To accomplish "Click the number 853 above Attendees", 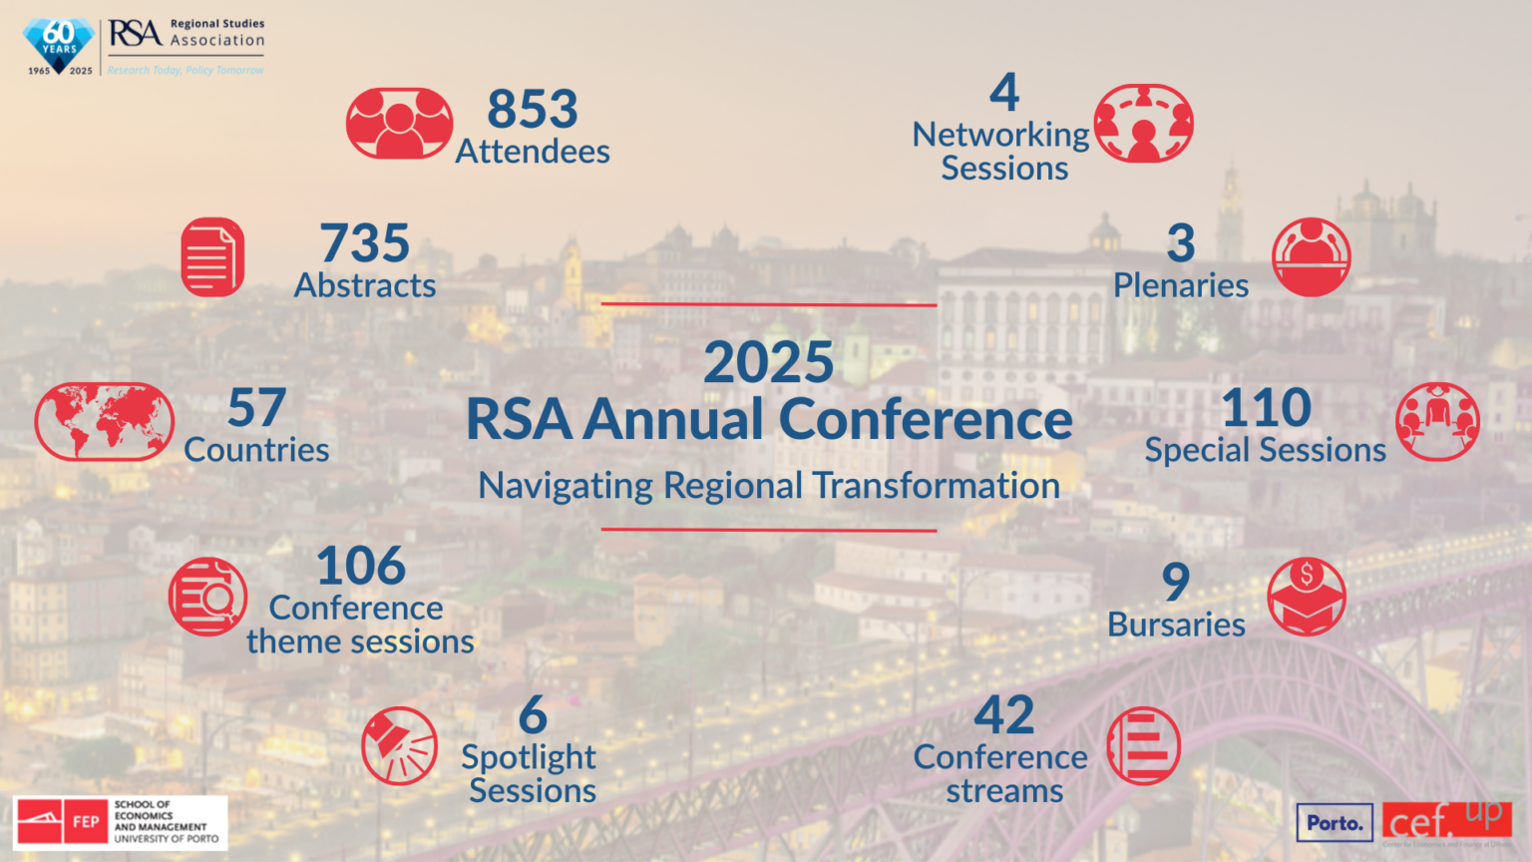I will coord(533,109).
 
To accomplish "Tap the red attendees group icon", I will coord(399,123).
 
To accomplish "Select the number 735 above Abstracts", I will coord(365,242).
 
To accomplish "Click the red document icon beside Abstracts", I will coord(212,257).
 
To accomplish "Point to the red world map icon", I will coord(104,421).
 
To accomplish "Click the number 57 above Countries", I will coord(257,407).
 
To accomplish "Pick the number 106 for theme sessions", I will coord(361,566).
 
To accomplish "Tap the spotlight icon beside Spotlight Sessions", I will coord(399,746).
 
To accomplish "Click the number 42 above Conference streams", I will coord(1004,714).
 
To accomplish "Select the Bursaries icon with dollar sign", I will coord(1307,598).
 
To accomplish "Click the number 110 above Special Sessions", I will coord(1267,407).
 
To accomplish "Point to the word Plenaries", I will coord(1181,285).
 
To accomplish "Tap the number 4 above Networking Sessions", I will coord(1004,93).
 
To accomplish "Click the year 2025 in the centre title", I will coord(768,361).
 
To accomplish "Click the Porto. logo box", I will coord(1335,823).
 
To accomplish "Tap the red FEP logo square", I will coord(86,822).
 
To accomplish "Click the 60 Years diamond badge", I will coord(60,44).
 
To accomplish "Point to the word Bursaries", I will coord(1176,625).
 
